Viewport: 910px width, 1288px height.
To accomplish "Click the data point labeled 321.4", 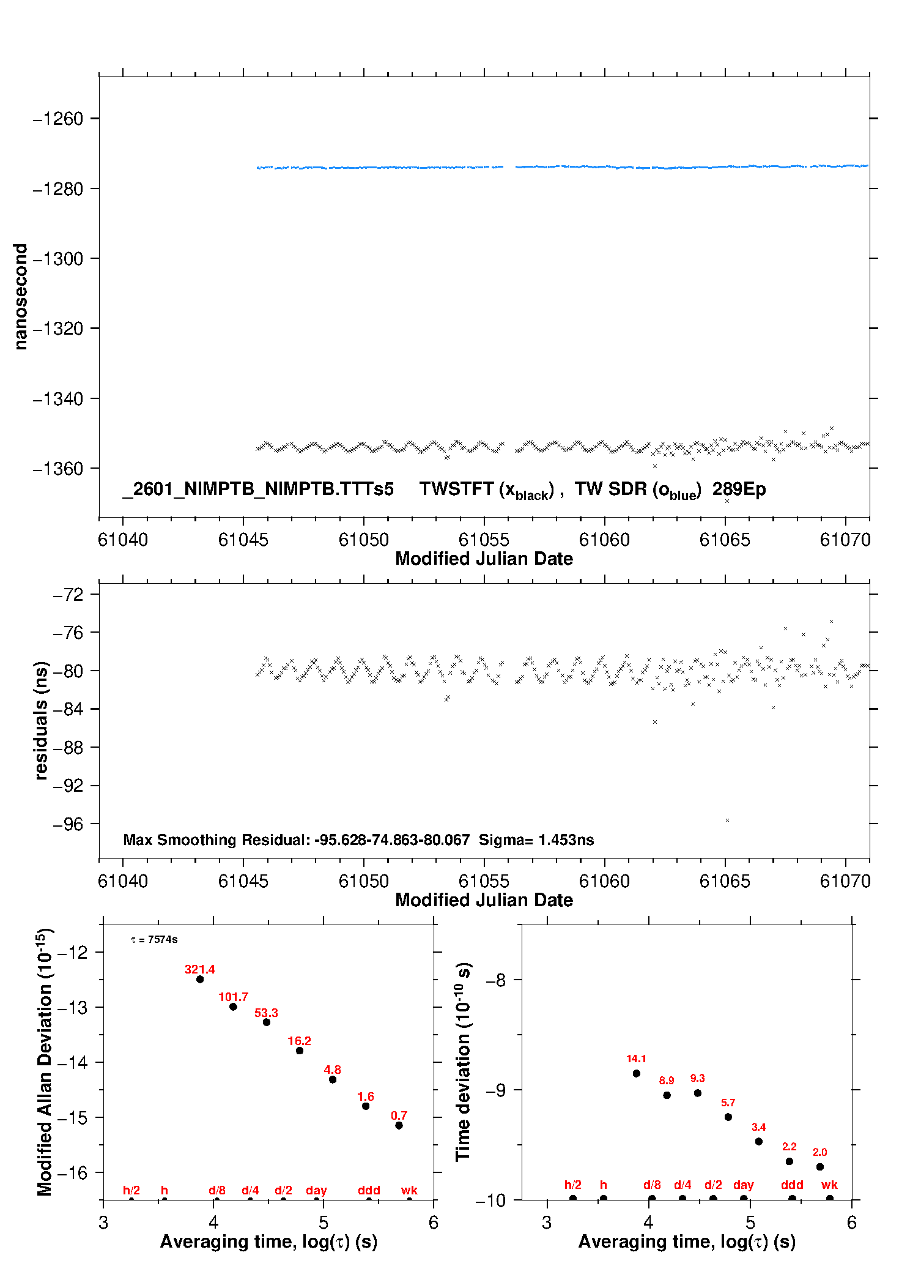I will coord(200,979).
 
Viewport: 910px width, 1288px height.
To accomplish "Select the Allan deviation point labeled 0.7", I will coord(399,1125).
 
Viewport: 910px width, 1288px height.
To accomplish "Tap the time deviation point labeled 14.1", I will coord(636,1073).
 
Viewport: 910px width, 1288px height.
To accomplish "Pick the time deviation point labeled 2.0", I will coord(819,1167).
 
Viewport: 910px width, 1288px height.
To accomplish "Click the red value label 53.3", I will coord(266,1013).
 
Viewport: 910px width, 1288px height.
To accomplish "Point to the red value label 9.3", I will coord(697,1078).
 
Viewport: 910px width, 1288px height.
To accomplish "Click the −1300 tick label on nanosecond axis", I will coord(57,259).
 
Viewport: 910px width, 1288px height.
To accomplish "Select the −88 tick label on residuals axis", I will coord(68,748).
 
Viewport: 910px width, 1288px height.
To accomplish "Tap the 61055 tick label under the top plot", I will coord(484,540).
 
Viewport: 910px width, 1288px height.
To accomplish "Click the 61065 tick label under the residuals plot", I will coord(725,881).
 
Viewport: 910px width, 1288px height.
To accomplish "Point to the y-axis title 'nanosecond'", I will coord(21,297).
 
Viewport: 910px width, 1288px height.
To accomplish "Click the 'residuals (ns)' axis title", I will coord(41,720).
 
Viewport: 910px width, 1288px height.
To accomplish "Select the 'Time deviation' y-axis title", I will coord(463,1062).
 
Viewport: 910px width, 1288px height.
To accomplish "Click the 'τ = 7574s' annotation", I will coord(154,939).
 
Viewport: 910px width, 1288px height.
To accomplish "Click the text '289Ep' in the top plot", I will coord(739,490).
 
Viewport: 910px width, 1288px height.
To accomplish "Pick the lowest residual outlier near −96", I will coord(727,820).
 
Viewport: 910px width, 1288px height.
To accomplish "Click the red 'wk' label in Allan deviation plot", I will coord(409,1190).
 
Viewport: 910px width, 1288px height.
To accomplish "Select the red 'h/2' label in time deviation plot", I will coord(572,1185).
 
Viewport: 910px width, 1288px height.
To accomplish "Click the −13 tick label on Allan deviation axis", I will coord(72,1007).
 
